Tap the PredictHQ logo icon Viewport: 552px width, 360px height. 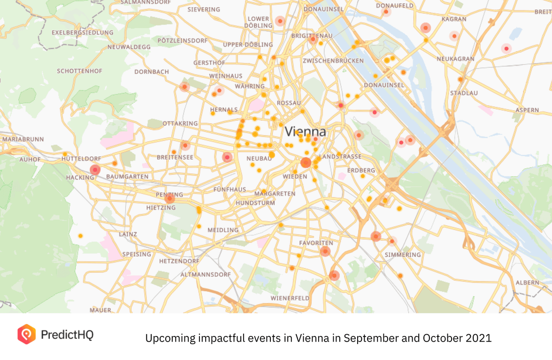[x=26, y=334]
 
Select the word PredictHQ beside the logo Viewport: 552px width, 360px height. [x=67, y=335]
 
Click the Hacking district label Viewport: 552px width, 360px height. [x=80, y=177]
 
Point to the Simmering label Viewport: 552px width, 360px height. [x=403, y=254]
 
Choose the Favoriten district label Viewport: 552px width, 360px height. [x=316, y=243]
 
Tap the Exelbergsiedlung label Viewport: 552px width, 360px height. [x=83, y=32]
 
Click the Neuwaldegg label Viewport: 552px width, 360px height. [x=129, y=47]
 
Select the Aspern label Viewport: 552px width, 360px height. [x=527, y=110]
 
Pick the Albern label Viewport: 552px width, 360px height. [x=527, y=283]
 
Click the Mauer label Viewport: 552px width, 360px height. [x=100, y=310]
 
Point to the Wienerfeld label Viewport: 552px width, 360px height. [x=290, y=298]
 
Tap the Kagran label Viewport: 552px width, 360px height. [x=454, y=19]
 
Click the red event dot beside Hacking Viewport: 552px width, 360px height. [x=95, y=169]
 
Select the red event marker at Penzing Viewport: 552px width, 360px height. [x=169, y=199]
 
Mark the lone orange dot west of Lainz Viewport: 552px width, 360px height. [x=80, y=236]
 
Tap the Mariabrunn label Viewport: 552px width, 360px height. [x=23, y=139]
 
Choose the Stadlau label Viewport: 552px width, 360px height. [x=464, y=93]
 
